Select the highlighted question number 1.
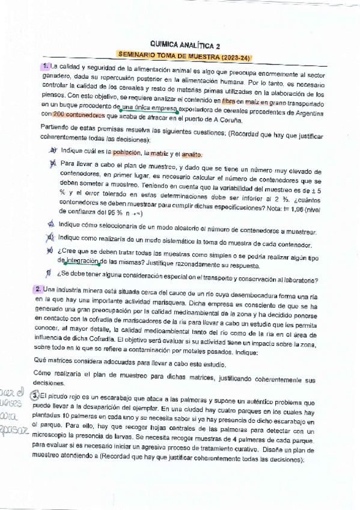(x=46, y=66)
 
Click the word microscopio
(x=55, y=432)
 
